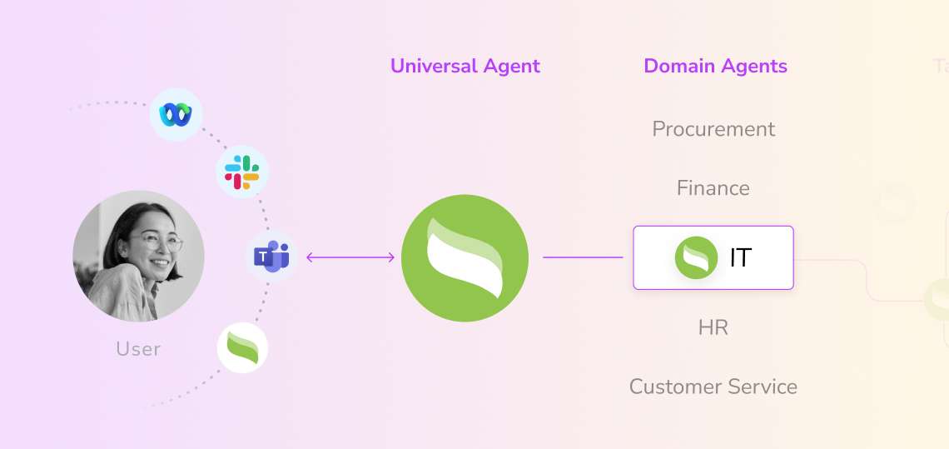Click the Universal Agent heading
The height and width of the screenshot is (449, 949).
pyautogui.click(x=465, y=67)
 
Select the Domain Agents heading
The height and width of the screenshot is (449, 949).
pyautogui.click(x=715, y=67)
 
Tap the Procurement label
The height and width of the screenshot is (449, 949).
pyautogui.click(x=713, y=129)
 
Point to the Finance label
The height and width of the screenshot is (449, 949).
pyautogui.click(x=713, y=188)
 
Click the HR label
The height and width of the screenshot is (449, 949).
pyautogui.click(x=713, y=327)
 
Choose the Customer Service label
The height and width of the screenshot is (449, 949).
pyautogui.click(x=713, y=387)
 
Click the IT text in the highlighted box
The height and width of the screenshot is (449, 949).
pyautogui.click(x=740, y=258)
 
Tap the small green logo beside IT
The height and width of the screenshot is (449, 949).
pyautogui.click(x=696, y=258)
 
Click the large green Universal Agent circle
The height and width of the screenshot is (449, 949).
pyautogui.click(x=465, y=257)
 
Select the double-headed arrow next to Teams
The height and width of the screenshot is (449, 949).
pyautogui.click(x=350, y=257)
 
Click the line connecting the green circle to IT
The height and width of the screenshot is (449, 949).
pyautogui.click(x=583, y=257)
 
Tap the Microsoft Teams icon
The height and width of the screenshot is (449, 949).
pyautogui.click(x=271, y=257)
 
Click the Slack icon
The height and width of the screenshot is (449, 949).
pyautogui.click(x=242, y=172)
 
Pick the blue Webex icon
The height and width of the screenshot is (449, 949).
pyautogui.click(x=176, y=114)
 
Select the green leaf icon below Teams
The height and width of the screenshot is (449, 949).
pyautogui.click(x=243, y=348)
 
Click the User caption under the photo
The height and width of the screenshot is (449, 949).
pyautogui.click(x=138, y=348)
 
